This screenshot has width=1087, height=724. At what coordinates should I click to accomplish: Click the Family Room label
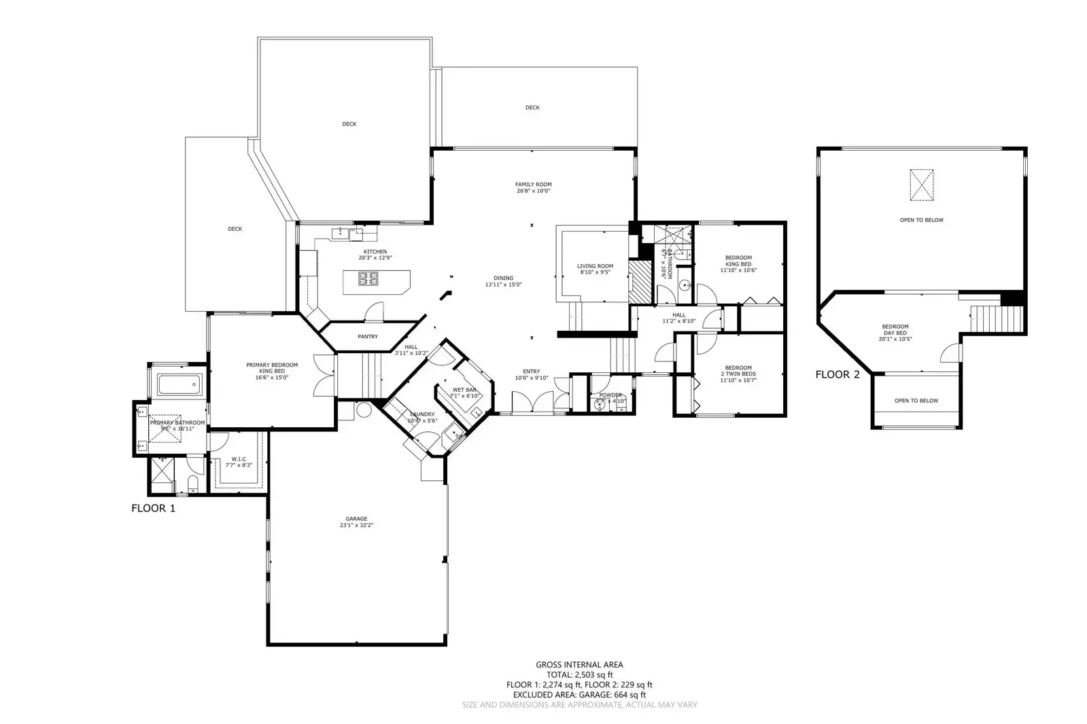coord(533,184)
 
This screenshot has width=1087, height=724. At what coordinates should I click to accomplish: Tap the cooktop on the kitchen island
coord(368,278)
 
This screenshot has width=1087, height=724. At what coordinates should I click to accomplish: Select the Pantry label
coord(367,337)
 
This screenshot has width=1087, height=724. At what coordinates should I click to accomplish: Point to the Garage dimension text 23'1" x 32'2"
coord(356,525)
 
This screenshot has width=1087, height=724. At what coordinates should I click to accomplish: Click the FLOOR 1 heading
coord(153,508)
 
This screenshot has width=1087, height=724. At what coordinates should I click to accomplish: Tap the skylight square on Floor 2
coord(921,185)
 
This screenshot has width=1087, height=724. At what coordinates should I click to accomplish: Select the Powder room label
coord(610,395)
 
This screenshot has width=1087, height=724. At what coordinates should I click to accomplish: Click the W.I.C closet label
coord(238,458)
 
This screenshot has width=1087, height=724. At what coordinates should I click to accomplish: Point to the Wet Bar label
coord(464,390)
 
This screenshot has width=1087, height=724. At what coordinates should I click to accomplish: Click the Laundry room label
coord(421,414)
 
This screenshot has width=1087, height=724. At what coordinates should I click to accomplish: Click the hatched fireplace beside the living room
coord(639,282)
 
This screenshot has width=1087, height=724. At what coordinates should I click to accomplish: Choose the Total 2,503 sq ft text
coord(579,675)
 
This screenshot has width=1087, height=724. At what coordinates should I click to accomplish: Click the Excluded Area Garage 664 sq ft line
coord(579,695)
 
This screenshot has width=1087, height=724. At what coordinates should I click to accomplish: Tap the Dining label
coord(503,278)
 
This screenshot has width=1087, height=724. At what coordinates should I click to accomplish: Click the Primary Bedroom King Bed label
coord(272,371)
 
